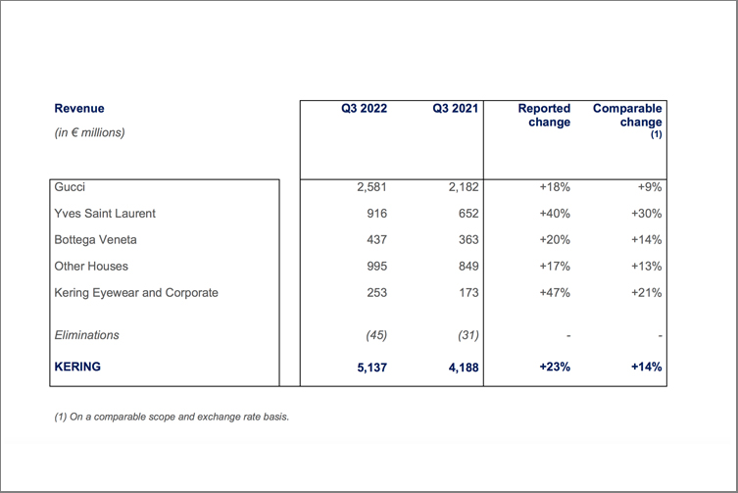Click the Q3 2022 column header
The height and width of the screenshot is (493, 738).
364,108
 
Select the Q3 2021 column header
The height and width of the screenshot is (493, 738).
455,108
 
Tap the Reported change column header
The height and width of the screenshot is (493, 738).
544,116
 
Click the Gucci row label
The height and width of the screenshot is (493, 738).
70,187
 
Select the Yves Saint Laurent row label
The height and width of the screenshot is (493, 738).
105,214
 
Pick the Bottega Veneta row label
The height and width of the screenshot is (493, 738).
95,240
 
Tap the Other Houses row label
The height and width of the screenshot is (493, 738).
91,266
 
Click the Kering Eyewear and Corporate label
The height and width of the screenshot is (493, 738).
136,293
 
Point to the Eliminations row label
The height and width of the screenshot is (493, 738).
86,335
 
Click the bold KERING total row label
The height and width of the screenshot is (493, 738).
77,367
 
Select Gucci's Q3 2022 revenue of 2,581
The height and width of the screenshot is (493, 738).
371,187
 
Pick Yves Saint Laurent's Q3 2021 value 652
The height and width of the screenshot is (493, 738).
468,214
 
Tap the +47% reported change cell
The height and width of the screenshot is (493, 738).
555,293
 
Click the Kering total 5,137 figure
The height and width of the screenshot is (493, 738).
371,368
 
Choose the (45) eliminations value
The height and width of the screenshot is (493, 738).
376,335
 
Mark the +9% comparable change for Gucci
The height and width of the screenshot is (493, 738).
650,187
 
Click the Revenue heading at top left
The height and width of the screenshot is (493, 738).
79,108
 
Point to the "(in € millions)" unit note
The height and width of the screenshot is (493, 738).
89,132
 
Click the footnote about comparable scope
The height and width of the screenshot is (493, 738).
172,417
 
